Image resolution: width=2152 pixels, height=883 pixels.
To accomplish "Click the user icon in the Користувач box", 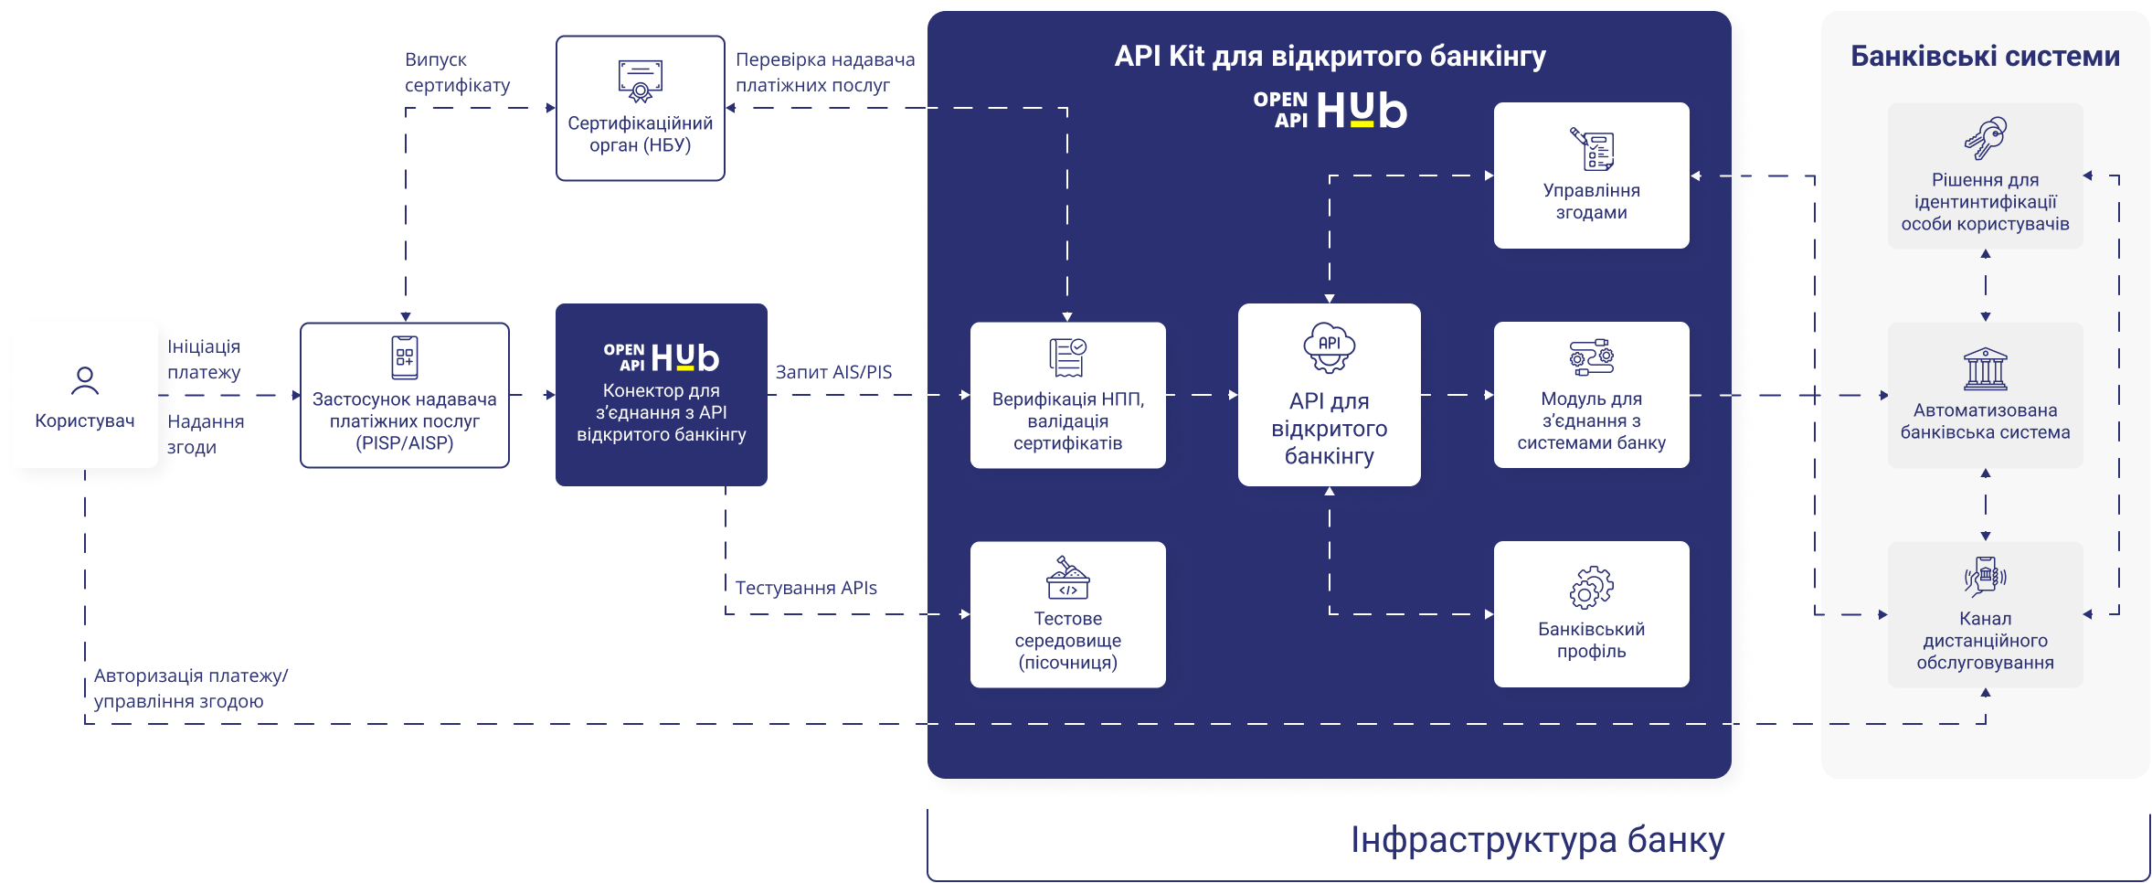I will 85,380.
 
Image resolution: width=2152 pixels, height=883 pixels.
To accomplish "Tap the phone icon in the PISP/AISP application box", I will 405,357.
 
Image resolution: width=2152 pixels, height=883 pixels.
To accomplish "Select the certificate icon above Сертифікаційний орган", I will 640,80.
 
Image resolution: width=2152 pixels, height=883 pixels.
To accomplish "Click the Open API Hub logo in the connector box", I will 661,357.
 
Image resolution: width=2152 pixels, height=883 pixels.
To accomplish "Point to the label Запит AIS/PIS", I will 833,372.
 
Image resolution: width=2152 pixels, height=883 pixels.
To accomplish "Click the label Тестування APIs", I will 806,588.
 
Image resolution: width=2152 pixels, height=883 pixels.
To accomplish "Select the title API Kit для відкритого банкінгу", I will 1330,57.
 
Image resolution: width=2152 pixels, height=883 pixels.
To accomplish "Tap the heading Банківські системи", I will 1985,57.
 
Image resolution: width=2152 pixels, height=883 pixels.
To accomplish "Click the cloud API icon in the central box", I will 1329,347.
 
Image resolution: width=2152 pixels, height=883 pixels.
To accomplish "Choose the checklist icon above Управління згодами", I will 1592,149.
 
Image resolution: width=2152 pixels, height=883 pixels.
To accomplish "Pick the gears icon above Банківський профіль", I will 1592,587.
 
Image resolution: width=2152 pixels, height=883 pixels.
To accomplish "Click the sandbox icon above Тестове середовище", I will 1067,579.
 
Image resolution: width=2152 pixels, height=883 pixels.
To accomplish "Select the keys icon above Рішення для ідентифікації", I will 1985,139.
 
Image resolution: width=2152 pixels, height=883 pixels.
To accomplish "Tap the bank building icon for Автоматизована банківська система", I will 1985,368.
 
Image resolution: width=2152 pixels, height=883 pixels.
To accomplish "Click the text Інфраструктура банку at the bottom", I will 1537,840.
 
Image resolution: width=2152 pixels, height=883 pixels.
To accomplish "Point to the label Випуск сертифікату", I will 457,72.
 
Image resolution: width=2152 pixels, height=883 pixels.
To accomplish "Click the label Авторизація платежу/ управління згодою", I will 190,688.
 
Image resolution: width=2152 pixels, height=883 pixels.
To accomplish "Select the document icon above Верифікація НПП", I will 1067,357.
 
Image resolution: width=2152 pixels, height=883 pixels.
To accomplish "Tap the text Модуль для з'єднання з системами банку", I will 1591,421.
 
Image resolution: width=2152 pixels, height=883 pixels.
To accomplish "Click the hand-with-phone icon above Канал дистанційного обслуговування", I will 1985,577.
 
